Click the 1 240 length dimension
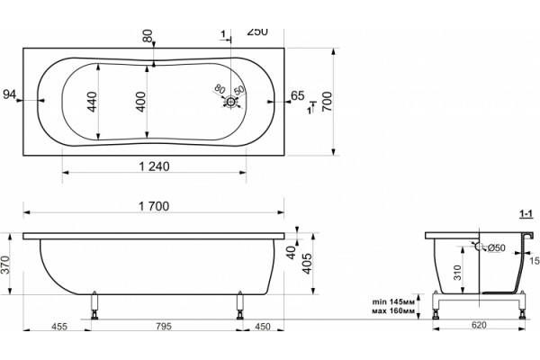[154, 166]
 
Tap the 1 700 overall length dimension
[154, 206]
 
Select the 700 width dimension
[327, 102]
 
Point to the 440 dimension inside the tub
[92, 102]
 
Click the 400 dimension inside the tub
[141, 102]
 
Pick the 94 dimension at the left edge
[10, 94]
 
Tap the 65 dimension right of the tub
[298, 95]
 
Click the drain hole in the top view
[230, 102]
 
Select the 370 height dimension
[5, 265]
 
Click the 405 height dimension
[307, 264]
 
